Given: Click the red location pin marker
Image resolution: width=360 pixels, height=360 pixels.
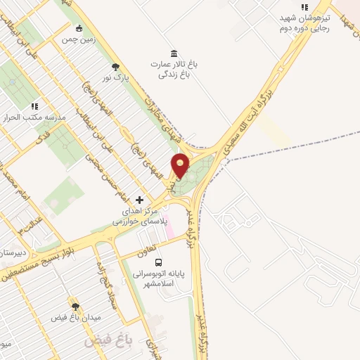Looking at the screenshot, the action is [x=181, y=167].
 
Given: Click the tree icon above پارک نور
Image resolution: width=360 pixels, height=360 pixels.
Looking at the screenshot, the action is [x=115, y=67].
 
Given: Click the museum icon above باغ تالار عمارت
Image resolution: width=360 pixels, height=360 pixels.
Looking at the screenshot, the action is [x=174, y=53].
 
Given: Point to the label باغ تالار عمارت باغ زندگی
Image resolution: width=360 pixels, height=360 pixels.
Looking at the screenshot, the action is [x=174, y=69].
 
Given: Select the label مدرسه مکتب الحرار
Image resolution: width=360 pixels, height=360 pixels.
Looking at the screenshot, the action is [x=35, y=117].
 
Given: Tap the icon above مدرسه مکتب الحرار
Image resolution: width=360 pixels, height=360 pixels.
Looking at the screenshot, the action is [x=34, y=106].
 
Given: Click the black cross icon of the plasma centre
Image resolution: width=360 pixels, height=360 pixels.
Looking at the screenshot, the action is [x=139, y=200].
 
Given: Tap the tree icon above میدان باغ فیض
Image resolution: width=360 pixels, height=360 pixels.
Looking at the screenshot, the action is [x=75, y=307].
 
